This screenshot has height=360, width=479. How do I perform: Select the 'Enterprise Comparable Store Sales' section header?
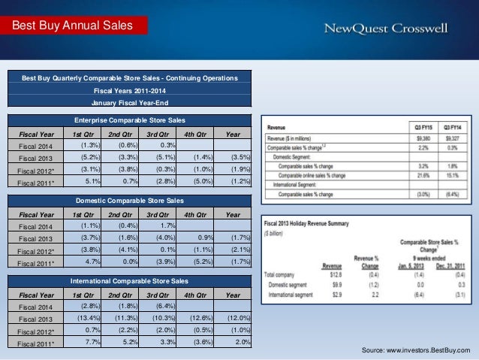[130, 120]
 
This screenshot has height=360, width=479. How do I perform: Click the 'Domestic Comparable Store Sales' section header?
[130, 200]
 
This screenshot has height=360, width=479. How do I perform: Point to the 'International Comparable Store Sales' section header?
[130, 280]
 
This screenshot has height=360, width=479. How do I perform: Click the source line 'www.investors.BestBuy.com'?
[416, 351]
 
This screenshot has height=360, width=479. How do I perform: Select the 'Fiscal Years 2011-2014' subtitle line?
[130, 90]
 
